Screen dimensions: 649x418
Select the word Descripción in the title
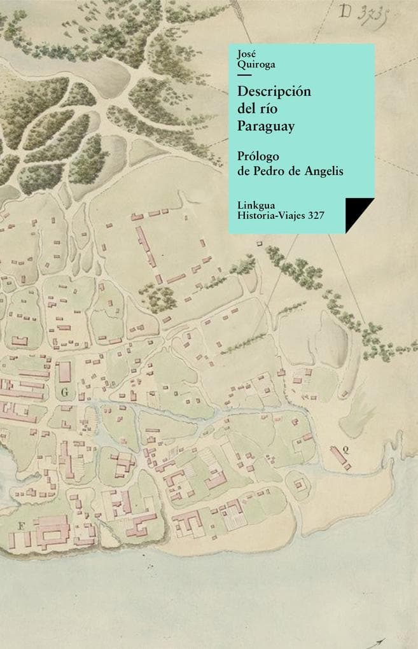[274, 91]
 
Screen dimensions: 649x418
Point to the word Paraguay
[266, 127]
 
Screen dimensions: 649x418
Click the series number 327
[316, 216]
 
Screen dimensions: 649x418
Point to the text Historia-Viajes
[270, 216]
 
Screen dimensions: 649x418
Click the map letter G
[64, 393]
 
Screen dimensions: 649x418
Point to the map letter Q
[345, 449]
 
